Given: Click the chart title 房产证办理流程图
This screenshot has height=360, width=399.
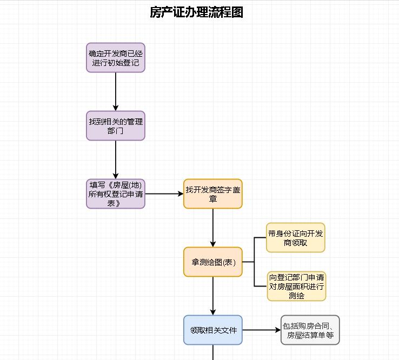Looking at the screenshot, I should (x=196, y=12).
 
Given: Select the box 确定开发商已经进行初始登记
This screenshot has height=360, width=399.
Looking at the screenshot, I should (x=116, y=57).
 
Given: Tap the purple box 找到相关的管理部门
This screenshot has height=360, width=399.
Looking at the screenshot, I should (x=116, y=125).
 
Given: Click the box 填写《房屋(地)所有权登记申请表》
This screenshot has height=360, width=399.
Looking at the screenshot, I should (x=116, y=194).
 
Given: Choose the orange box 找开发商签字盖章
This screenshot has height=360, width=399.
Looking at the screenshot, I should (x=212, y=194).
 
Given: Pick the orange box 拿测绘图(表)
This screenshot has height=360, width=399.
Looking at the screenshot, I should (x=212, y=262).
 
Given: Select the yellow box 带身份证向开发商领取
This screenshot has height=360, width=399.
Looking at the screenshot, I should (x=295, y=237).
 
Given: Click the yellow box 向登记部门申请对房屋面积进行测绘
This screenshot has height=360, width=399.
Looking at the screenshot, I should (x=295, y=286).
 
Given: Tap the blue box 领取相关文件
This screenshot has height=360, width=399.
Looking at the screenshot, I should (x=212, y=330).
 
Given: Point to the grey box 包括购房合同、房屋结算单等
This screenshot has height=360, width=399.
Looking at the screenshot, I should (x=310, y=330).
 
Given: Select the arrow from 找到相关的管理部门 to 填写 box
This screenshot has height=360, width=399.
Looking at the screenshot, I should (x=116, y=159).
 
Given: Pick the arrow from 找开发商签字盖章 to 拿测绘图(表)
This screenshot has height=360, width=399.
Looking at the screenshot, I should (x=212, y=227).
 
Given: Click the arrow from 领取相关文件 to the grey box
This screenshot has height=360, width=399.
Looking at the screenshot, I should (x=261, y=330).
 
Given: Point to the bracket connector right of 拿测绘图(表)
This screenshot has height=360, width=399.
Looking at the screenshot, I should (x=254, y=262).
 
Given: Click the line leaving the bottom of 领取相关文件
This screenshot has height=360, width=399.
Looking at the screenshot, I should (x=212, y=352).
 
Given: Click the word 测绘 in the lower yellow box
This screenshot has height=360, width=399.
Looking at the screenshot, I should (x=296, y=296).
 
